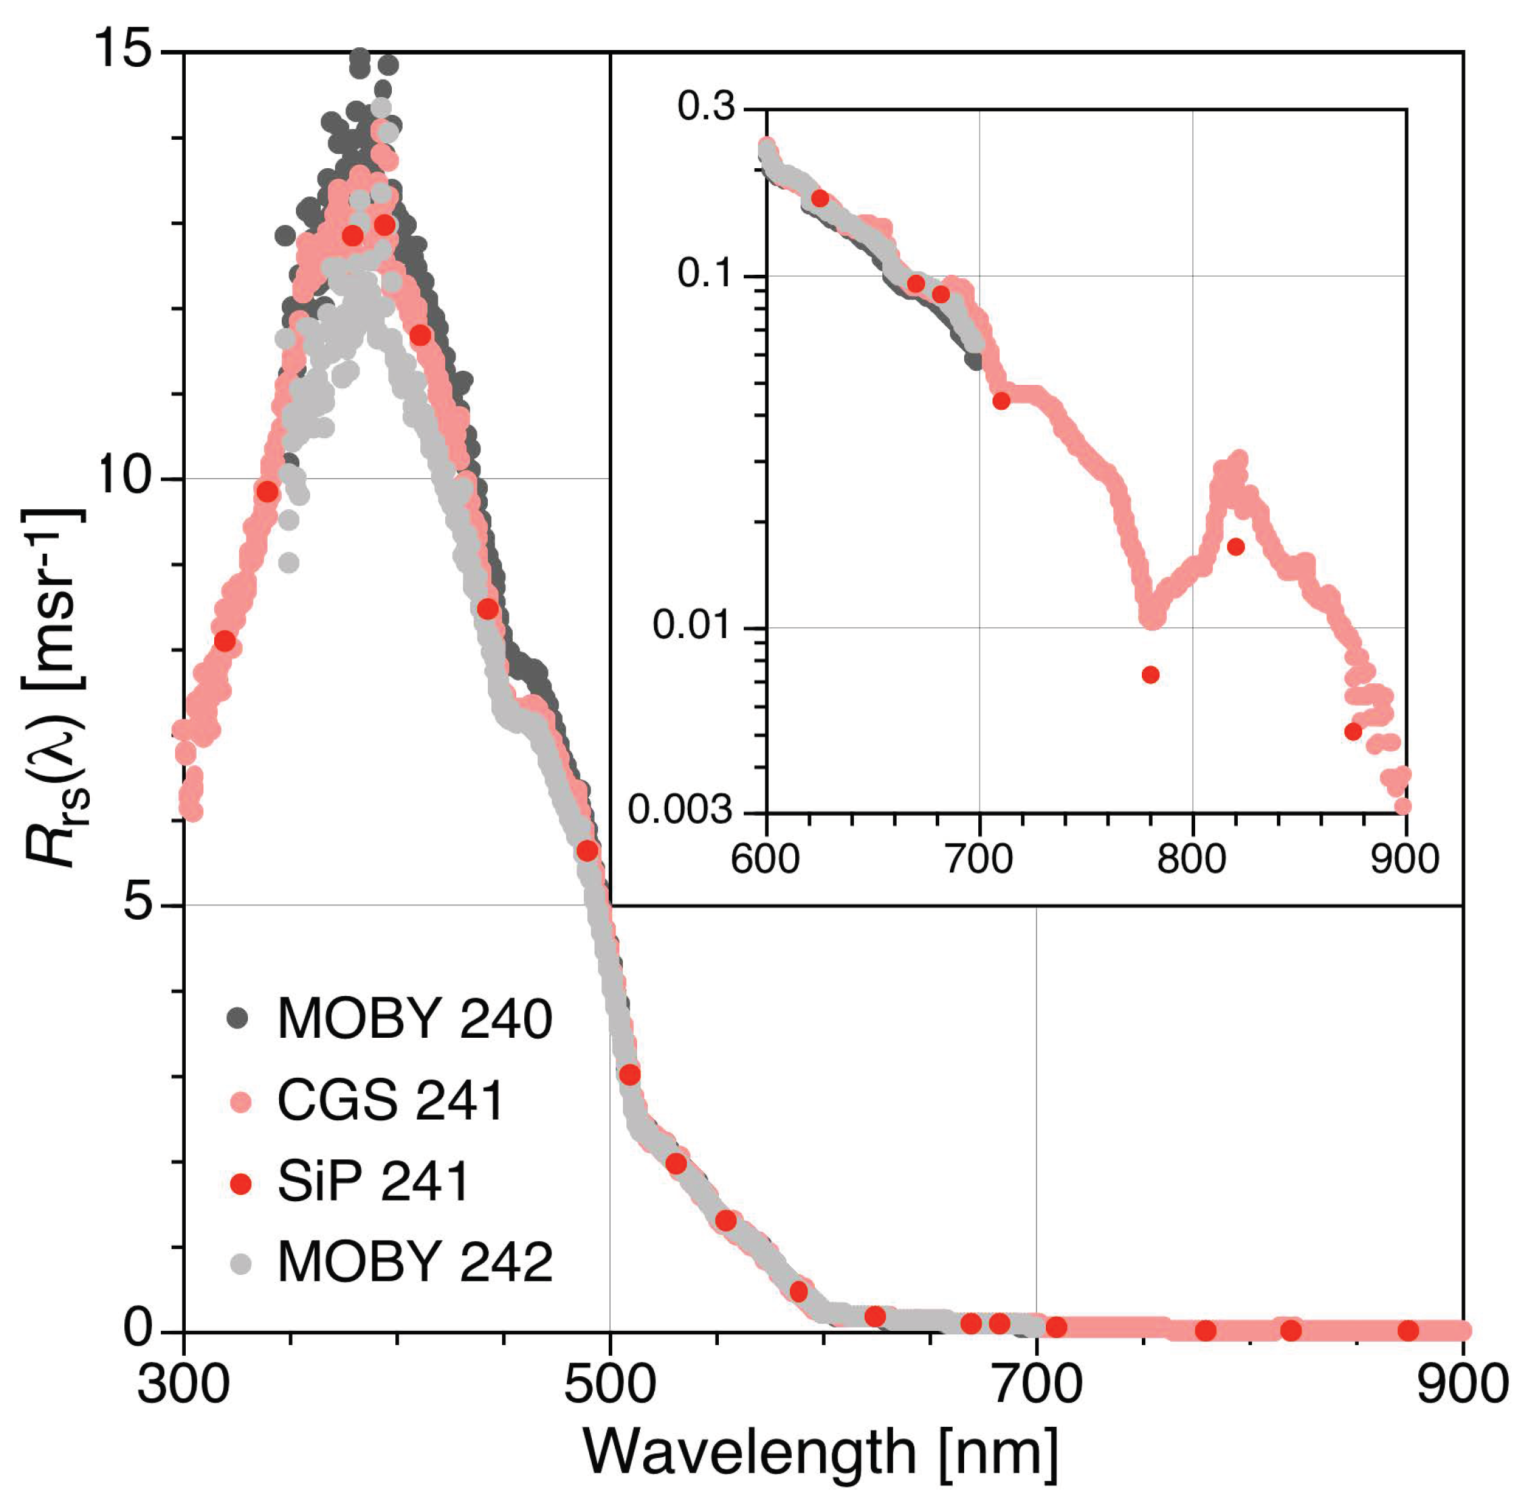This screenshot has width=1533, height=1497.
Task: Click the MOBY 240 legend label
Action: click(x=415, y=1019)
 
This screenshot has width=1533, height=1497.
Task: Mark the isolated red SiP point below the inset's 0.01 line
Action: click(x=1150, y=675)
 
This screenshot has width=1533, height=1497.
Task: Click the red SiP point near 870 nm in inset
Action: click(x=1353, y=732)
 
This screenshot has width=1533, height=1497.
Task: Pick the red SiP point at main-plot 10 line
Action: click(x=268, y=492)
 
